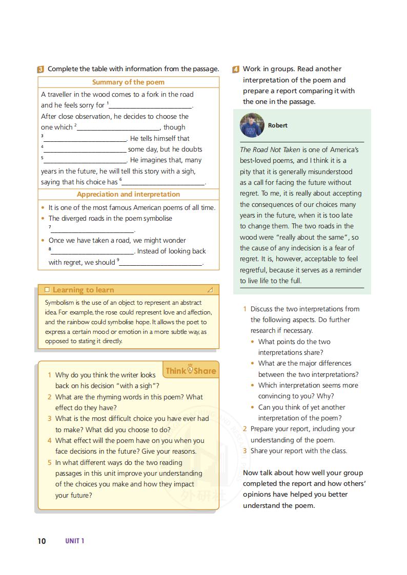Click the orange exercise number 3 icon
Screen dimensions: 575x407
click(40, 69)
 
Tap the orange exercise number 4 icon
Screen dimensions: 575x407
click(236, 69)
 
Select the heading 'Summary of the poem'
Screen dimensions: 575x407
click(128, 82)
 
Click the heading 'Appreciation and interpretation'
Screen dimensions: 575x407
click(128, 194)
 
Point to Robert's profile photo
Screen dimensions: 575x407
click(252, 125)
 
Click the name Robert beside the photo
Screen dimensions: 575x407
click(277, 125)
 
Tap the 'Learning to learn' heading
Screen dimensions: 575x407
click(83, 290)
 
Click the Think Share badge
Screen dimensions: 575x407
click(191, 370)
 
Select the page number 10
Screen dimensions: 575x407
click(42, 541)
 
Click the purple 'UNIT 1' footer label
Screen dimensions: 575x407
click(74, 541)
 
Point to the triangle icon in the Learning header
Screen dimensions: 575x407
click(210, 290)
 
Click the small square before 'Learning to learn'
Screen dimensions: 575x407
click(47, 290)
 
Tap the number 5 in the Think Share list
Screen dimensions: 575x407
click(50, 462)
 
